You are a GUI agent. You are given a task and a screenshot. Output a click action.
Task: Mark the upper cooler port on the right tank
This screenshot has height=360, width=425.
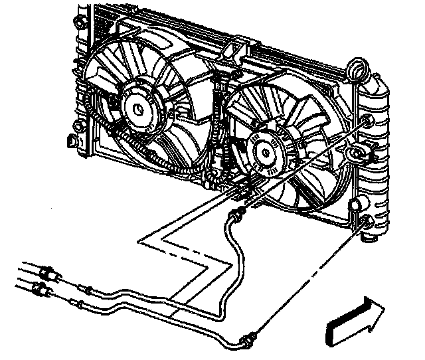click(x=367, y=120)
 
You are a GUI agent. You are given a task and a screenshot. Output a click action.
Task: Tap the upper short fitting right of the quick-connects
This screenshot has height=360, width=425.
click(x=85, y=288)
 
